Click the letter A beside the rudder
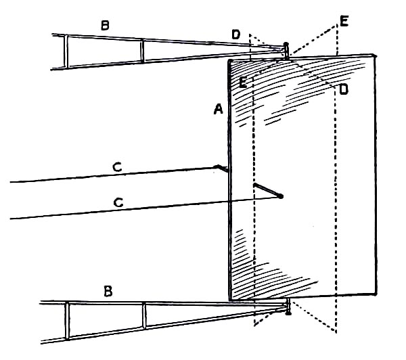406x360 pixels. point(218,110)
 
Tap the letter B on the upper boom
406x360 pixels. point(105,26)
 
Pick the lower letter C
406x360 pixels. point(118,202)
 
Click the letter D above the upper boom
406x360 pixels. point(235,34)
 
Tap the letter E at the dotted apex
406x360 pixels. point(344,22)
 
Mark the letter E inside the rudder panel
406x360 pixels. point(242,83)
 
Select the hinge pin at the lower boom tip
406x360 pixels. point(288,311)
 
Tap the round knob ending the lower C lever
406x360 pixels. point(280,196)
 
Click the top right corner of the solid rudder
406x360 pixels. point(374,53)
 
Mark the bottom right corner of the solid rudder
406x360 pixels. point(376,294)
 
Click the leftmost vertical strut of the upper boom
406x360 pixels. point(66,50)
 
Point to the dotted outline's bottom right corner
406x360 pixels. point(336,331)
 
